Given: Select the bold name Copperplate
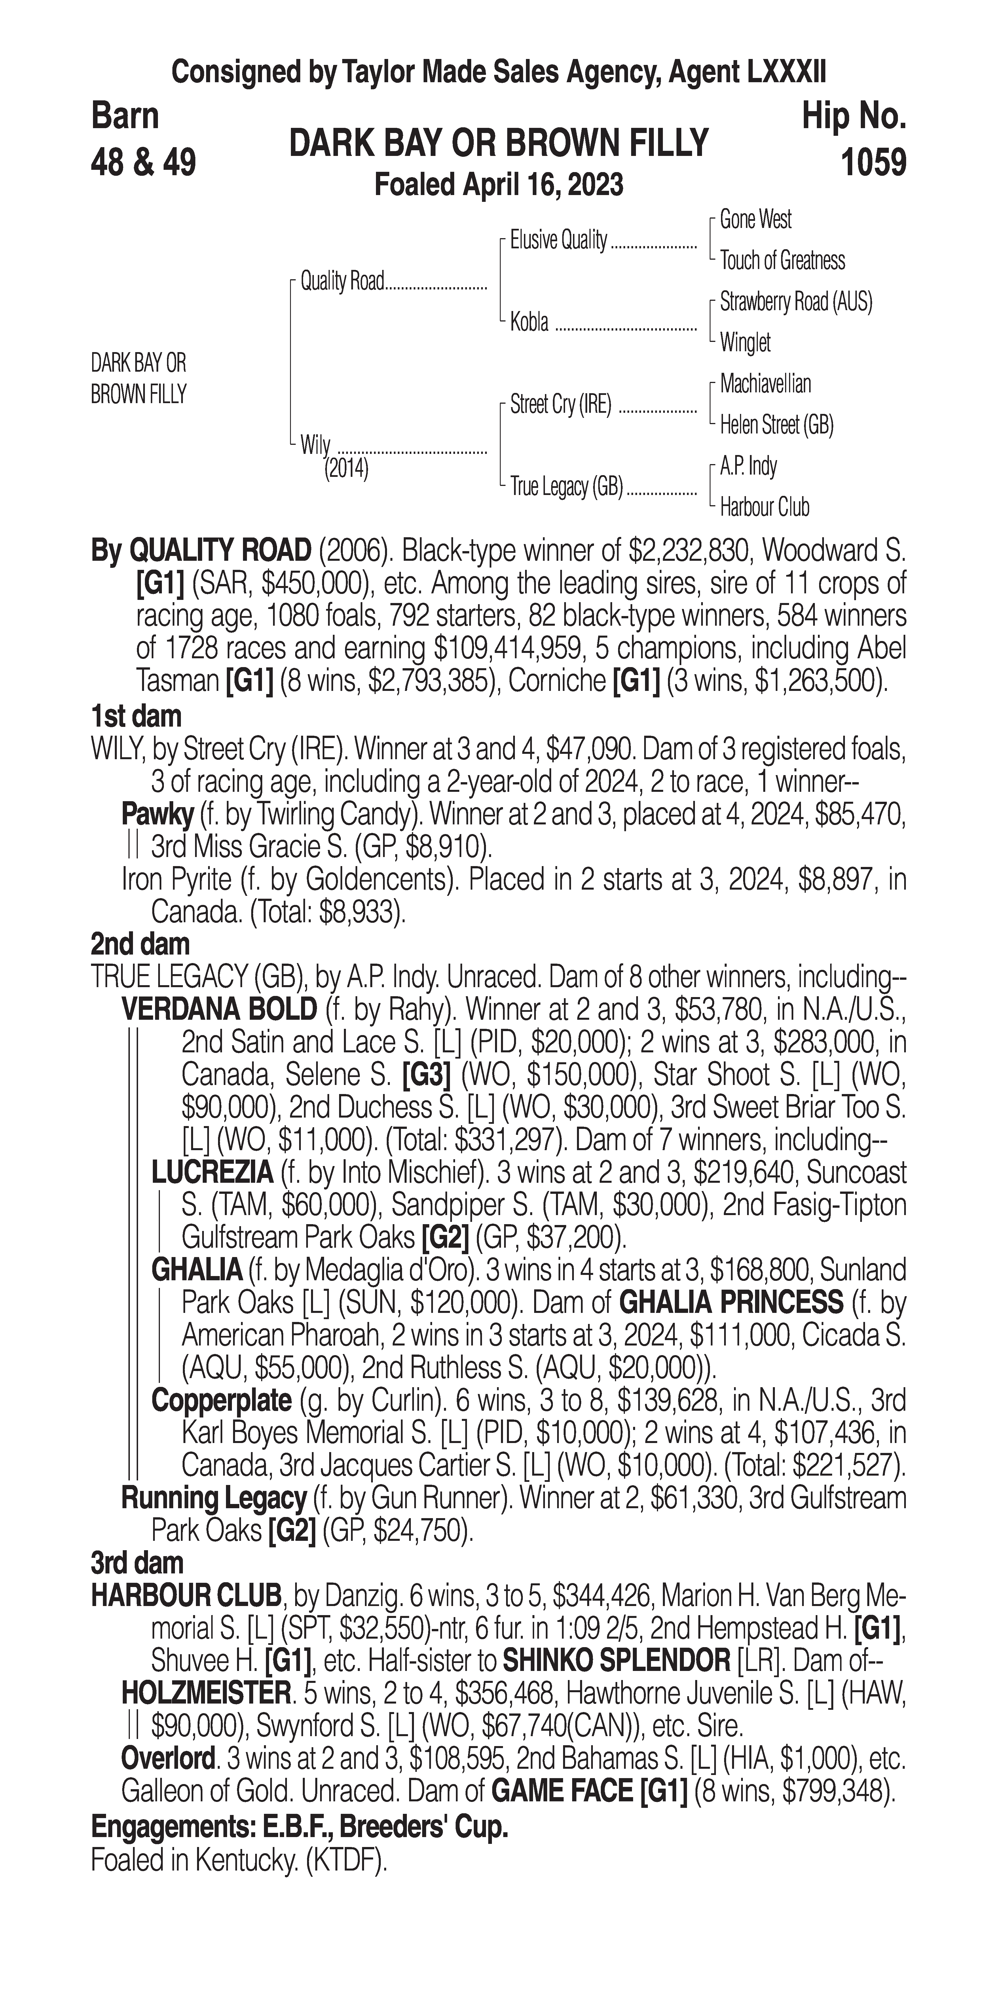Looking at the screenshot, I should pos(221,1400).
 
